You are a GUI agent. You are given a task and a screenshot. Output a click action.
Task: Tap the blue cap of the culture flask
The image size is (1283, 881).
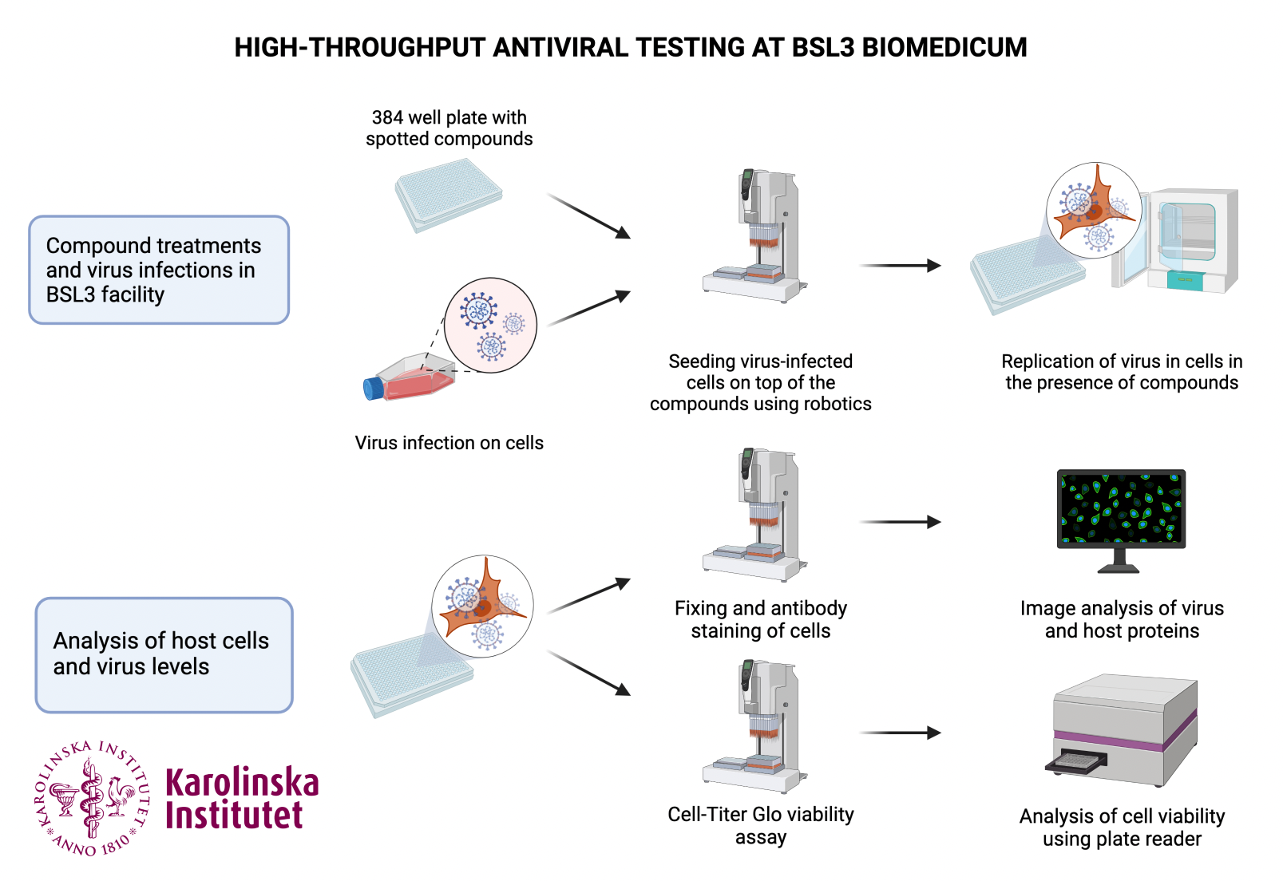(x=373, y=389)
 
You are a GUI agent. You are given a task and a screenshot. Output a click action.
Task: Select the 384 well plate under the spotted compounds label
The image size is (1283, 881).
(x=448, y=194)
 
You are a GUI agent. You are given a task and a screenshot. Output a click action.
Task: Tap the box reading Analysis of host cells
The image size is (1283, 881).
(x=164, y=654)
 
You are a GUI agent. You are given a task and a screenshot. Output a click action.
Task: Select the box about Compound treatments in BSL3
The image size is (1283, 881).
(x=159, y=270)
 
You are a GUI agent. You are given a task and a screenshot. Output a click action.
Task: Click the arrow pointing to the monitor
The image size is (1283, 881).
(x=901, y=522)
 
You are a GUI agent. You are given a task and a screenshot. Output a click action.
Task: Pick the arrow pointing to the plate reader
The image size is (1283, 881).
(x=901, y=733)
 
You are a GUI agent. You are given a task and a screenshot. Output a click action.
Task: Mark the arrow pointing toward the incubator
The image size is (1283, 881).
(x=901, y=266)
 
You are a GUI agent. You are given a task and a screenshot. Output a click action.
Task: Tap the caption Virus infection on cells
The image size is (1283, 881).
(x=449, y=443)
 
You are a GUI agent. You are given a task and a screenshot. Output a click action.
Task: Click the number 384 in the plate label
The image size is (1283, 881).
(x=387, y=118)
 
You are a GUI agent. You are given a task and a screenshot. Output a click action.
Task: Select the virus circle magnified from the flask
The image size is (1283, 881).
(x=490, y=325)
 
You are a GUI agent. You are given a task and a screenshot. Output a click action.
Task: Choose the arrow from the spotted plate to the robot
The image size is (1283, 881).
(x=589, y=216)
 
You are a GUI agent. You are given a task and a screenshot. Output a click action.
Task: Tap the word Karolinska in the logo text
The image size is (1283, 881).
(x=242, y=783)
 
